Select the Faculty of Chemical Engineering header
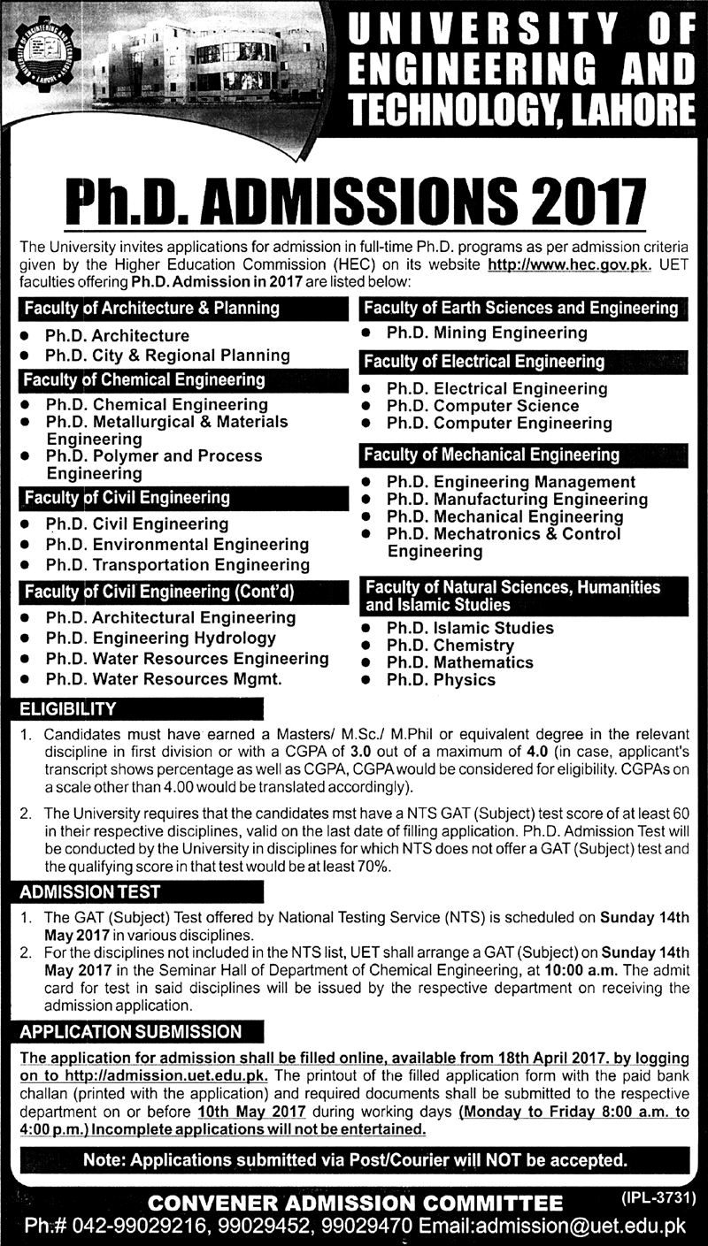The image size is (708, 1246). [144, 380]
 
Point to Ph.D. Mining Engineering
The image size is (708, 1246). [487, 333]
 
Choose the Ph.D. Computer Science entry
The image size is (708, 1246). [482, 406]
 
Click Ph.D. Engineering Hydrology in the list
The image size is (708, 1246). [161, 638]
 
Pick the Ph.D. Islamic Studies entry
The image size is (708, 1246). [470, 628]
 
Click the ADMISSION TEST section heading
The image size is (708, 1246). [90, 891]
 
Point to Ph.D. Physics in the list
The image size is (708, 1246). [441, 680]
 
